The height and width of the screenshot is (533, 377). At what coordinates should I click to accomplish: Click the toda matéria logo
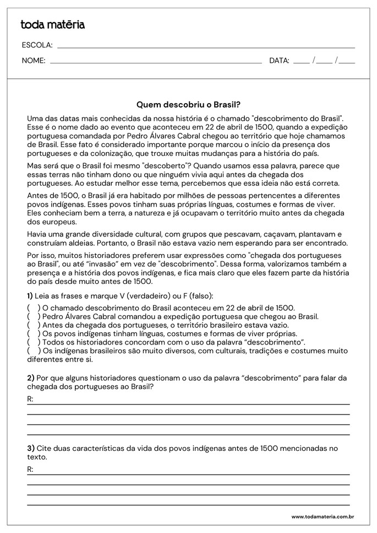[52, 24]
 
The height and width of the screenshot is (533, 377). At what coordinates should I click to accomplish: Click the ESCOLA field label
[37, 45]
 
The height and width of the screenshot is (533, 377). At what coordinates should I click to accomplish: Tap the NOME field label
[34, 61]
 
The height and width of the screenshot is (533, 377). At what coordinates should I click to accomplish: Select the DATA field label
[279, 61]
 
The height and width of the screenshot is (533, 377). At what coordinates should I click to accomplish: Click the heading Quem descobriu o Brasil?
[188, 104]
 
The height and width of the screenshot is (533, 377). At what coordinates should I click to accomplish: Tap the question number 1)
[30, 295]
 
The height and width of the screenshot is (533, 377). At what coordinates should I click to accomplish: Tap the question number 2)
[30, 378]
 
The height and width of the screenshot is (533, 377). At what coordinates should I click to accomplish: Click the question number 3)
[30, 448]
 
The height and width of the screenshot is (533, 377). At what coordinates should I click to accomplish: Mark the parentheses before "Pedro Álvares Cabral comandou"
[34, 317]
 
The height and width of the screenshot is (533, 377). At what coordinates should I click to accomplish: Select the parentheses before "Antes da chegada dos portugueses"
[34, 325]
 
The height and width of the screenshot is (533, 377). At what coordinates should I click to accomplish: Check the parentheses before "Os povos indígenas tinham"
[34, 334]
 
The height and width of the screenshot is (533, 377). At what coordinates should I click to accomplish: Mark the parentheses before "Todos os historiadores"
[34, 343]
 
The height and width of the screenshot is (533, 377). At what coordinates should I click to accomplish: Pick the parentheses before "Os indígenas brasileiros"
[34, 351]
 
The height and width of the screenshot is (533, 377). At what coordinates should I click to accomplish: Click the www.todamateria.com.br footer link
[322, 516]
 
